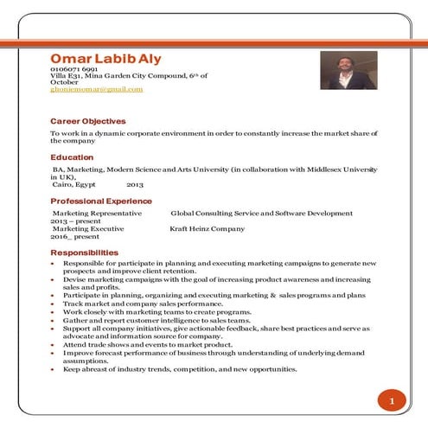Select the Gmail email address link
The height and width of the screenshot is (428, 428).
[x=96, y=89]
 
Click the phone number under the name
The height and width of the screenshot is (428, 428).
[x=73, y=68]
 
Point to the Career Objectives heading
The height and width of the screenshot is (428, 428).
[x=87, y=121]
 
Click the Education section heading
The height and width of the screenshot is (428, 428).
[x=71, y=157]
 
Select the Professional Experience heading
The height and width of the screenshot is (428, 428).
[x=100, y=201]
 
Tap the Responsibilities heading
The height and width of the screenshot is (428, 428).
[x=85, y=252]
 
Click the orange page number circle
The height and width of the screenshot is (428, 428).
[x=391, y=402]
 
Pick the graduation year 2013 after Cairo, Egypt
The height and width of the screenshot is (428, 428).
[x=135, y=185]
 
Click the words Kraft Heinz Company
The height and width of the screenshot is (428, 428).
[x=208, y=229]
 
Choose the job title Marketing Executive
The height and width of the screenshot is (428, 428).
[x=88, y=229]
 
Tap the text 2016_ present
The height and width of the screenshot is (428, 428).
[x=74, y=237]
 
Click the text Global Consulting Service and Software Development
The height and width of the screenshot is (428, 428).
[x=261, y=212]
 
